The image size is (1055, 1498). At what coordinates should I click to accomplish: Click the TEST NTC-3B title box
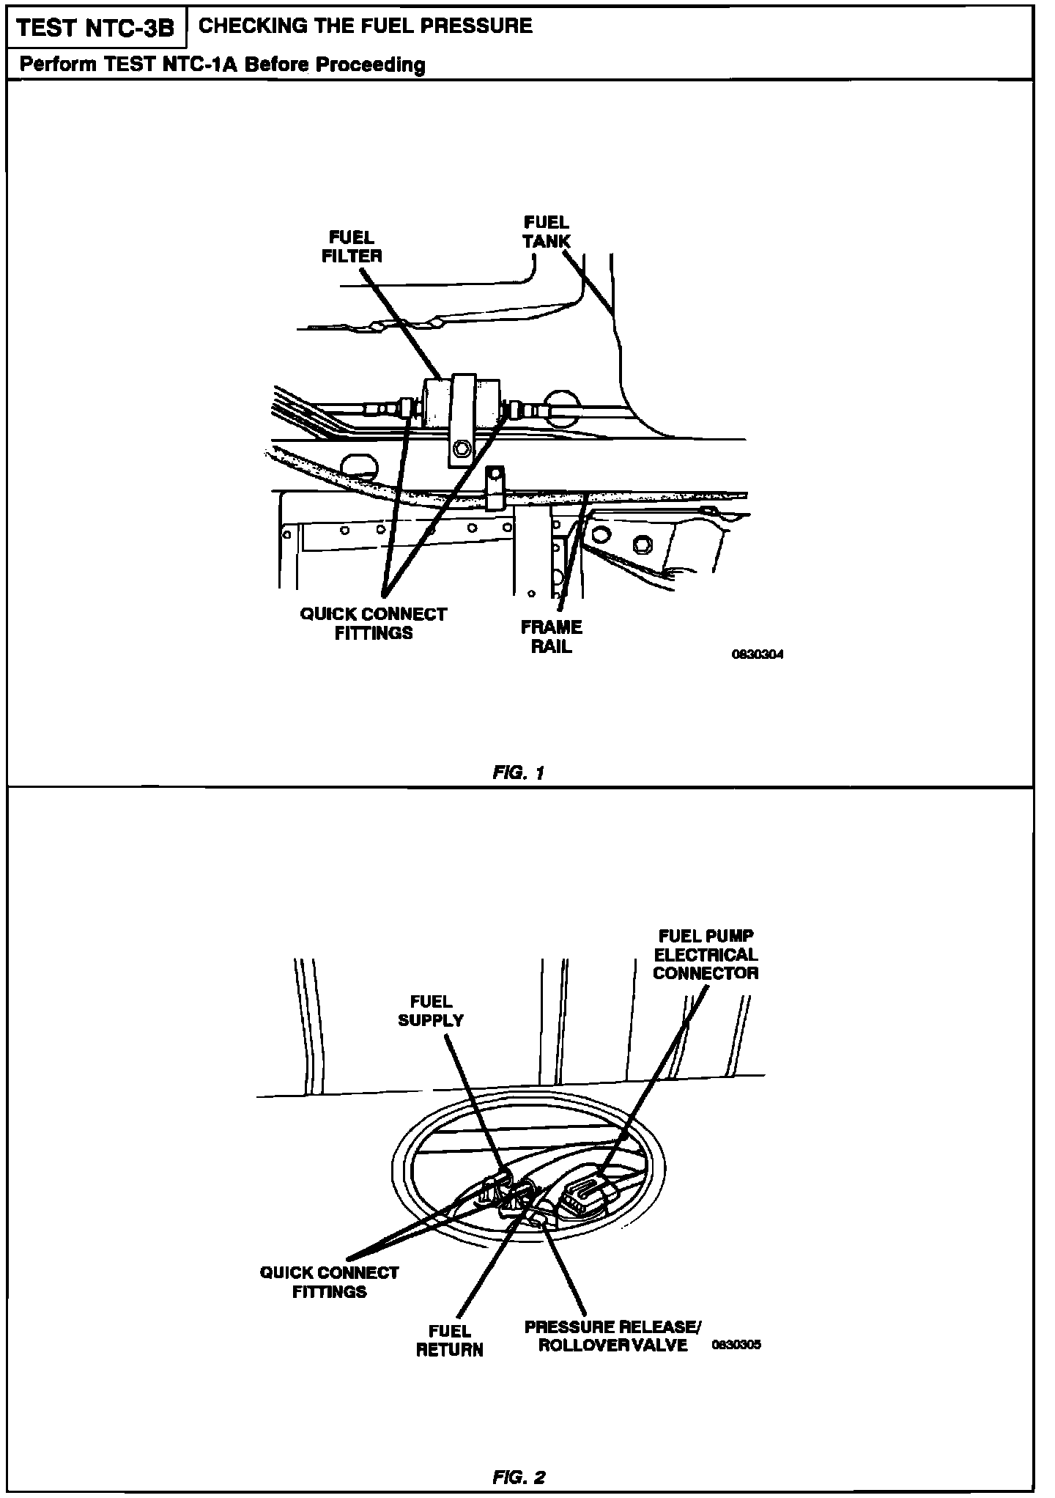[x=95, y=28]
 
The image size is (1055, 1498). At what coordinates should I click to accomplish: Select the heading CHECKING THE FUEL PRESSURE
[x=366, y=26]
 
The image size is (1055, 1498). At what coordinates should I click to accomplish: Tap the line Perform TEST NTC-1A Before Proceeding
[x=222, y=64]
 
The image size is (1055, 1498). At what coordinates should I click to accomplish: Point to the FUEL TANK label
[x=546, y=231]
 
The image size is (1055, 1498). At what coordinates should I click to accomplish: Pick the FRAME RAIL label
[x=551, y=636]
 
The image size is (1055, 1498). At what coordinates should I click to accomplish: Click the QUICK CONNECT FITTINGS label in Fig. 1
[x=373, y=623]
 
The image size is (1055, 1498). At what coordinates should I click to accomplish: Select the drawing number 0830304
[x=758, y=654]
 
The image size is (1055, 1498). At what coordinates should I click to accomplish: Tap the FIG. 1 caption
[x=519, y=772]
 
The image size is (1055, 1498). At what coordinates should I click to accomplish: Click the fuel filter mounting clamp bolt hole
[x=462, y=446]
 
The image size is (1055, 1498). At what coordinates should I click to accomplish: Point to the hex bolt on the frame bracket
[x=641, y=545]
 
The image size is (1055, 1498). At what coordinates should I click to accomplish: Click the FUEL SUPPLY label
[x=431, y=1011]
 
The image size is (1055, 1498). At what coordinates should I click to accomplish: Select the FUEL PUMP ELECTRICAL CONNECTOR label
[x=706, y=954]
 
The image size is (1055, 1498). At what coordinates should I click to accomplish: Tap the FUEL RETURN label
[x=450, y=1340]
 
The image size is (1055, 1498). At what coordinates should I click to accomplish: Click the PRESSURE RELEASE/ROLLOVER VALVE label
[x=612, y=1336]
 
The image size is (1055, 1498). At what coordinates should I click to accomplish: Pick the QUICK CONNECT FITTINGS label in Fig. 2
[x=329, y=1282]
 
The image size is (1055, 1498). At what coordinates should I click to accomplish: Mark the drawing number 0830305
[x=736, y=1345]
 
